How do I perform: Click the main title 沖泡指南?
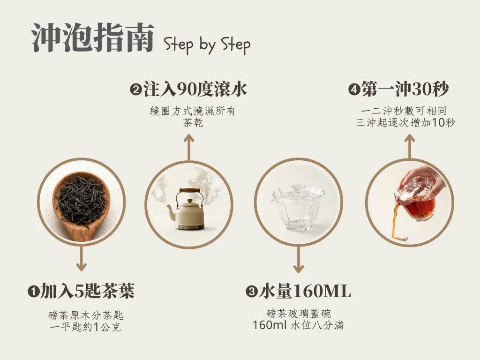[93, 38]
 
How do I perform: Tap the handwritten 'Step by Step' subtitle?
[207, 45]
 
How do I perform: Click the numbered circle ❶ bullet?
[33, 291]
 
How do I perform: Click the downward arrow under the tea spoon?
[81, 259]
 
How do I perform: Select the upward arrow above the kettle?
[189, 147]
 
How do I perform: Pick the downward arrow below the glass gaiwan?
[299, 259]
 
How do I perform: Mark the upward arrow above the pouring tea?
[410, 146]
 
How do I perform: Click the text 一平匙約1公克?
[85, 327]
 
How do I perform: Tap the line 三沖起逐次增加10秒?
[405, 123]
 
